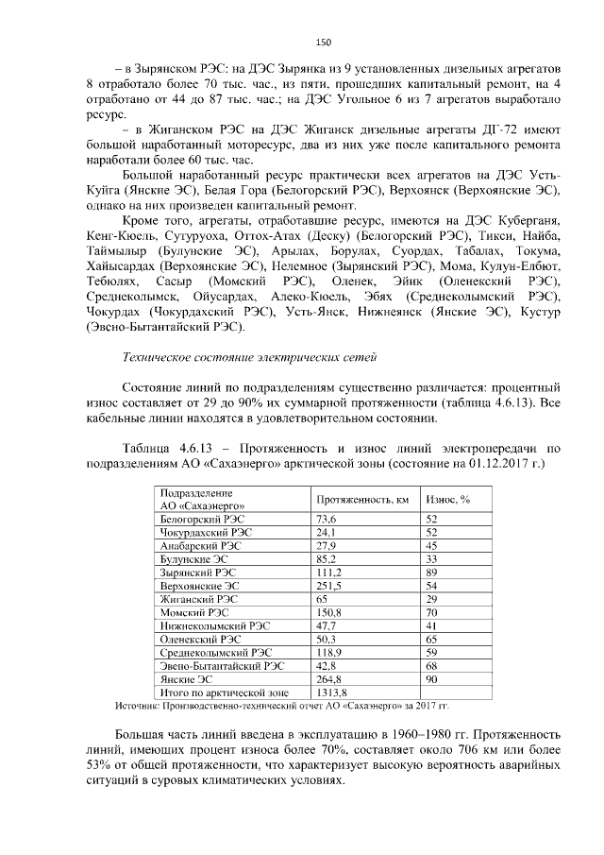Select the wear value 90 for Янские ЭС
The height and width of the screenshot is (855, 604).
pos(433,678)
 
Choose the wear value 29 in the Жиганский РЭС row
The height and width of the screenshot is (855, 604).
pos(433,599)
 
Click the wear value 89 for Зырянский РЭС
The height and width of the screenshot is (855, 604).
pos(433,573)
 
